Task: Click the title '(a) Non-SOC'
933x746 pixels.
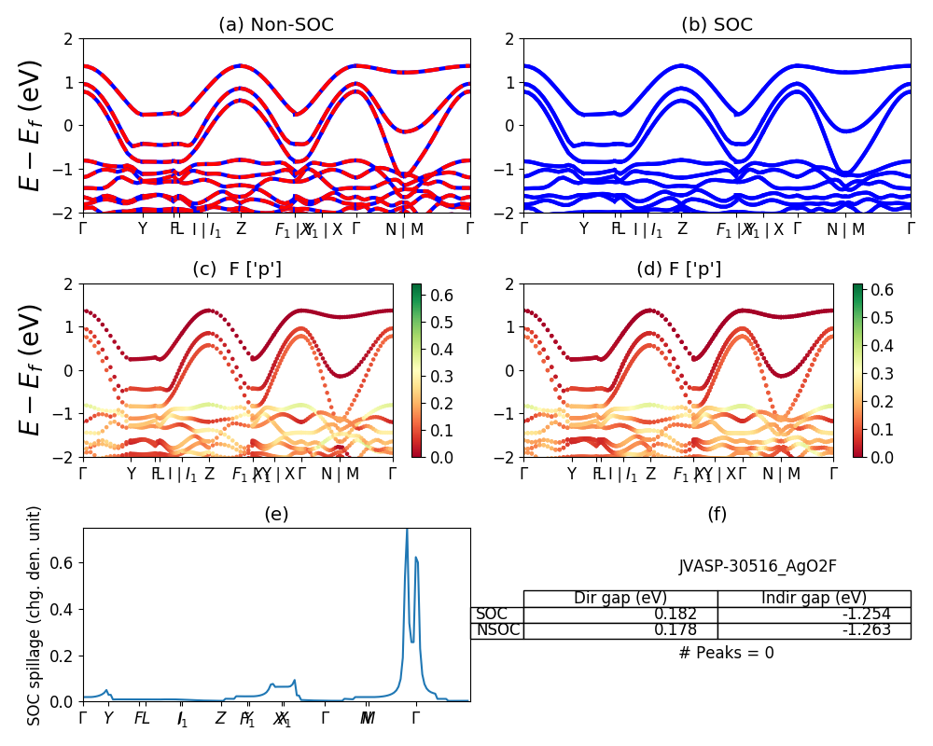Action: (276, 25)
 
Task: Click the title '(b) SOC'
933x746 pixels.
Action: (717, 25)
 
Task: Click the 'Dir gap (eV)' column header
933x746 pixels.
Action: (620, 599)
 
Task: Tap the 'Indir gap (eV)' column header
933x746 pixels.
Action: (814, 599)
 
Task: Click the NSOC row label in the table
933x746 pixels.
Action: (494, 630)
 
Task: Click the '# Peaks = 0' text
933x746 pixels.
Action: (727, 653)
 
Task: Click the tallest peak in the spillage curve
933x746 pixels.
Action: (407, 532)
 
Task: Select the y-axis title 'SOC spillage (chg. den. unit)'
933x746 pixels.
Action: (35, 615)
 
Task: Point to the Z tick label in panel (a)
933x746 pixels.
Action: (241, 229)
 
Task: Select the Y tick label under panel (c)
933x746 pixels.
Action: (131, 474)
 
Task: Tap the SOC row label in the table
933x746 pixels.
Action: (492, 615)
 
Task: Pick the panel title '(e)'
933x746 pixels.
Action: (276, 514)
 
